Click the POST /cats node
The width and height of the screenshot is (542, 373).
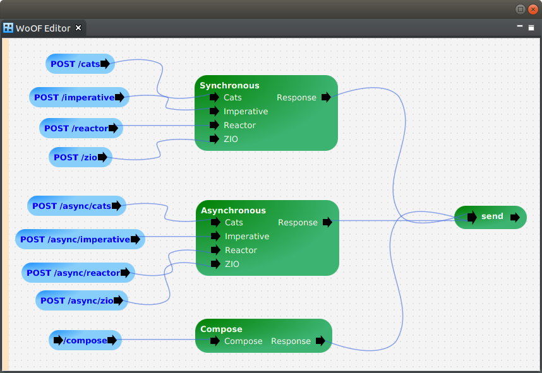point(80,64)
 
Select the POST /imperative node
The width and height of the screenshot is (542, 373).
point(79,97)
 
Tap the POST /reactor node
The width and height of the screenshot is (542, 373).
point(81,128)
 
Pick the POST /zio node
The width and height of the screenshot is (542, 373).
point(80,157)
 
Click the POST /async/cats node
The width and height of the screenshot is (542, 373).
point(76,206)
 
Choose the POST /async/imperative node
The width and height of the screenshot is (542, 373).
point(80,239)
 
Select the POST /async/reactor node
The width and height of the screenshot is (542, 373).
point(78,273)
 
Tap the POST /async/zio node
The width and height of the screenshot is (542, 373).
point(81,300)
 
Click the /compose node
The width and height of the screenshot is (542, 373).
point(85,340)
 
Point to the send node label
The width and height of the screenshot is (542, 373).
point(492,216)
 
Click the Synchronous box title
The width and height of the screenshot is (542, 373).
point(229,85)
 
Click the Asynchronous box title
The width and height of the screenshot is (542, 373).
point(233,210)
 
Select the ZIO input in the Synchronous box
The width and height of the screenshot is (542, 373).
point(214,139)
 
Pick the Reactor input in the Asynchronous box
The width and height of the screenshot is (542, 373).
point(215,250)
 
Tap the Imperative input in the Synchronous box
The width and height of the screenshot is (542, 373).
point(214,111)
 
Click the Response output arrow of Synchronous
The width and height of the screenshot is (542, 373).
point(326,97)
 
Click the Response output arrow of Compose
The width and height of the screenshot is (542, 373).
point(320,341)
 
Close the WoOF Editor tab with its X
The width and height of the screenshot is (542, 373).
point(78,28)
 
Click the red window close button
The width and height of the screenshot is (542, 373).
point(533,9)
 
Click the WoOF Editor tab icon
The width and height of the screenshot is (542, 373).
point(8,28)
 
